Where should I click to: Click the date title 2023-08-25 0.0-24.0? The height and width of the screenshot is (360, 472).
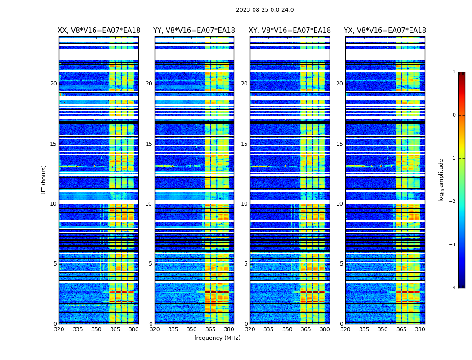265,10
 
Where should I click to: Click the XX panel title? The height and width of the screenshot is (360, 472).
99,31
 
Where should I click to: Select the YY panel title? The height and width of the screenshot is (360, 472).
194,31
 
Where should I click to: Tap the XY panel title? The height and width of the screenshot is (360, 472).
289,31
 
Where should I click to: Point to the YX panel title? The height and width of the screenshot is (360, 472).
385,31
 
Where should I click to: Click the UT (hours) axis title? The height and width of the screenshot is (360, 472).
44,180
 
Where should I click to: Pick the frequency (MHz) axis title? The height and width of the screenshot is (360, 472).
217,338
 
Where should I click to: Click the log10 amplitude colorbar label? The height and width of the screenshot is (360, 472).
441,180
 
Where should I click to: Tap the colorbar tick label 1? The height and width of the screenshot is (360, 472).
454,72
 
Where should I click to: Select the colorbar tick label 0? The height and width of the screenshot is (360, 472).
454,115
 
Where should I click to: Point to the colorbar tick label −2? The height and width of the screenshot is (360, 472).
453,202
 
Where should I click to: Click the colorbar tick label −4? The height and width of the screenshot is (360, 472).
453,288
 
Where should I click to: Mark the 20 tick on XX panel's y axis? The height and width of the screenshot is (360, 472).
53,84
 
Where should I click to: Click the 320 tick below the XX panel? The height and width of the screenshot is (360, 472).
59,329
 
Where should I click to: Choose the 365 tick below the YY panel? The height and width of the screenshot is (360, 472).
210,329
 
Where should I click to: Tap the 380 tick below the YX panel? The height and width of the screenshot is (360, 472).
420,329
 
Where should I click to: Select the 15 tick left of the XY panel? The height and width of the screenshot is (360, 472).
244,144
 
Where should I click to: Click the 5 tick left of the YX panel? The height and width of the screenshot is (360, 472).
341,264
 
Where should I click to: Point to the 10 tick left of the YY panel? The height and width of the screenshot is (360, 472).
149,204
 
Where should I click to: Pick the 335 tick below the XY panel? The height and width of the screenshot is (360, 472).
268,329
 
